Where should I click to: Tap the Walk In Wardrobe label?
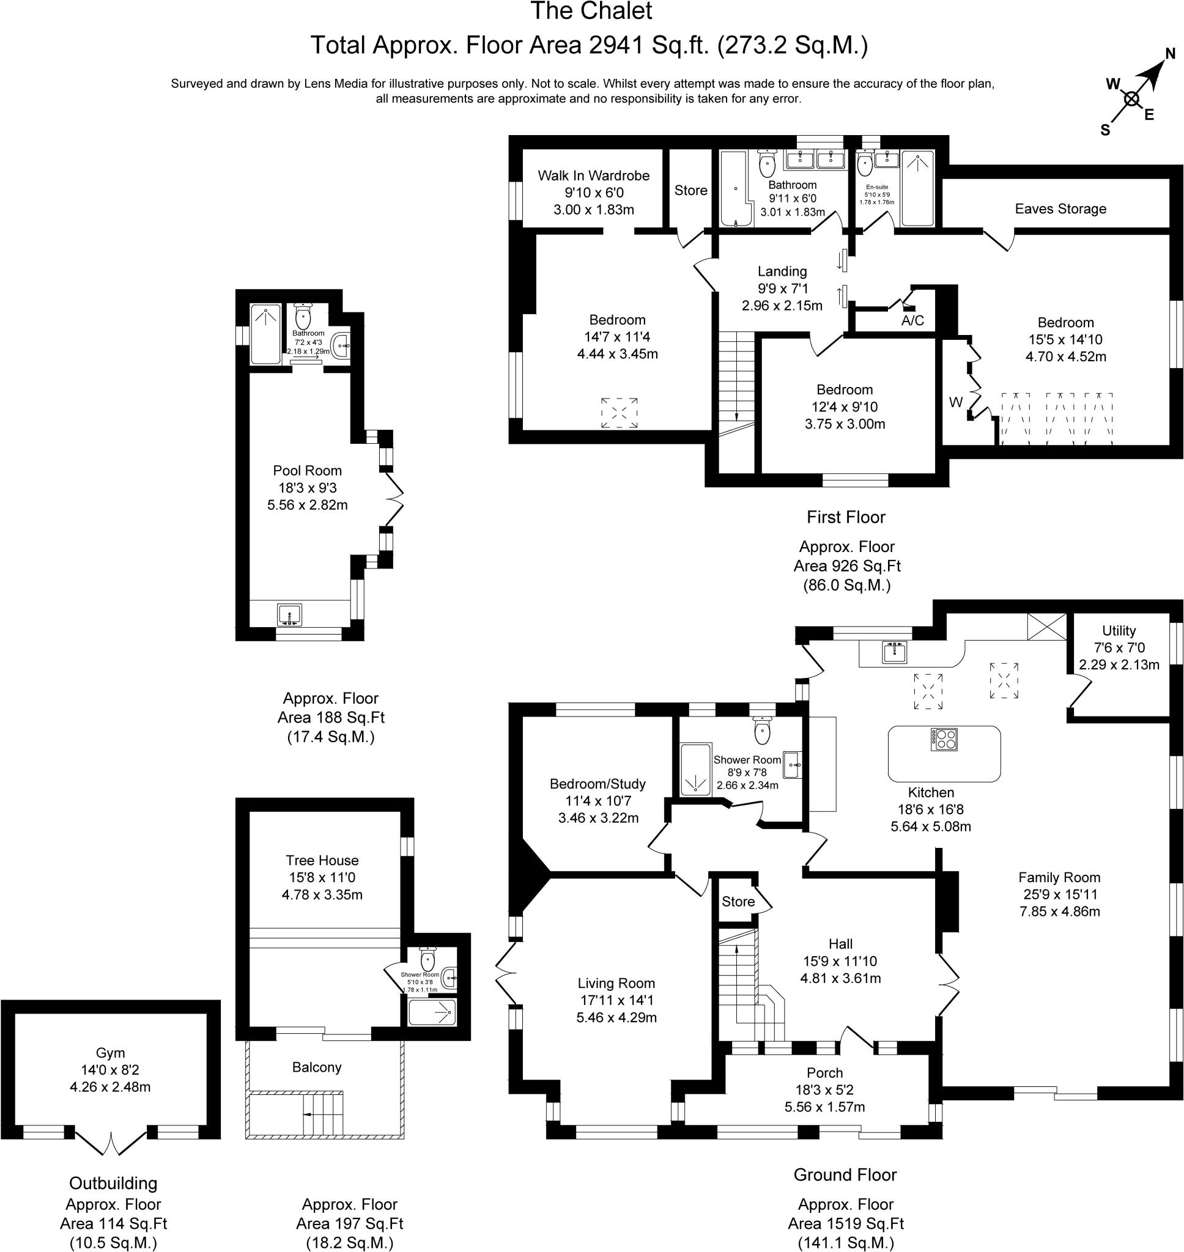coord(593,175)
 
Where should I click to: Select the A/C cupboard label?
coord(912,320)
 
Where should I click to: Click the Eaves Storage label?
coord(1060,209)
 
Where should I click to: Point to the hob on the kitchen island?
coord(944,739)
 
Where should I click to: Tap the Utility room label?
coord(1119,631)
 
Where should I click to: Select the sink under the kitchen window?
coord(894,652)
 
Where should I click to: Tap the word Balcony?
coord(317,1067)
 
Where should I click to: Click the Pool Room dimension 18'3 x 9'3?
coord(308,488)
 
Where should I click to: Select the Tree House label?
coord(322,860)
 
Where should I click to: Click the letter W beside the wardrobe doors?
coord(955,402)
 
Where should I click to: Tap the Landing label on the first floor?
coord(782,271)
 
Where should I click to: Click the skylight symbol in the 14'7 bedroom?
coord(618,413)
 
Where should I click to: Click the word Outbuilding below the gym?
coord(113,1184)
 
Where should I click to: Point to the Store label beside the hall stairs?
coord(738,901)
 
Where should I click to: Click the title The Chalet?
coord(591,12)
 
